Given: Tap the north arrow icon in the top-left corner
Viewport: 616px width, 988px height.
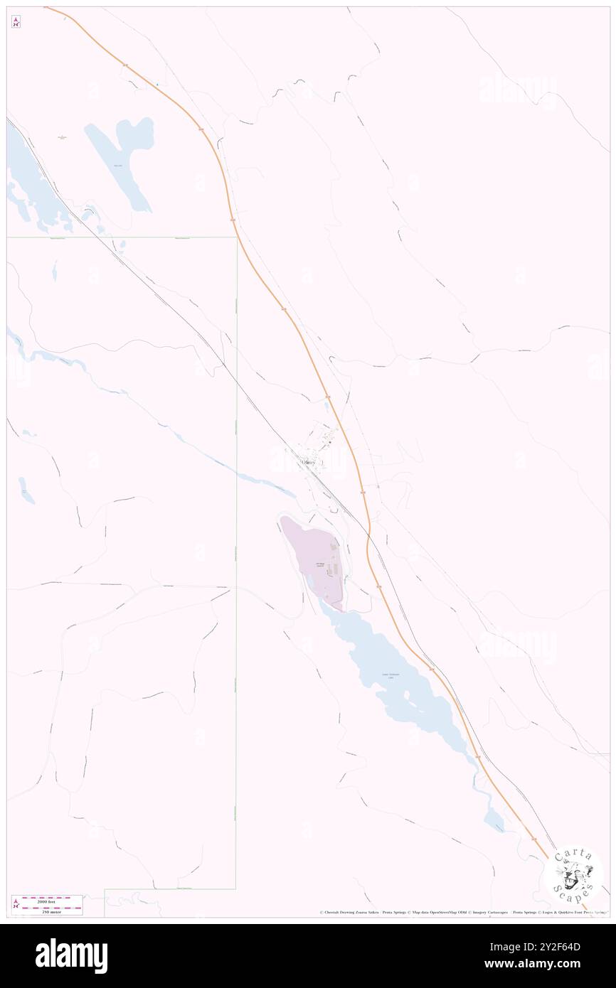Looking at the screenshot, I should click(16, 22).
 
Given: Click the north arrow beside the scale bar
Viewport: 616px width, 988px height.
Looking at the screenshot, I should click(16, 905).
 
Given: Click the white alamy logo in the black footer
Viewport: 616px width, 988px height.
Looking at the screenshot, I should click(71, 956).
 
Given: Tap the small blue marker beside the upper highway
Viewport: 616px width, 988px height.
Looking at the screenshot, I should click(157, 85).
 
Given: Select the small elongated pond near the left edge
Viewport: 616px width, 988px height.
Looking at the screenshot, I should click(26, 490).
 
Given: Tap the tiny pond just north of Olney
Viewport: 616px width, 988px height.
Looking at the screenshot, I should click(326, 408).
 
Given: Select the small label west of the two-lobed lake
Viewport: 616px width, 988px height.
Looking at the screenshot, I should click(63, 136).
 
